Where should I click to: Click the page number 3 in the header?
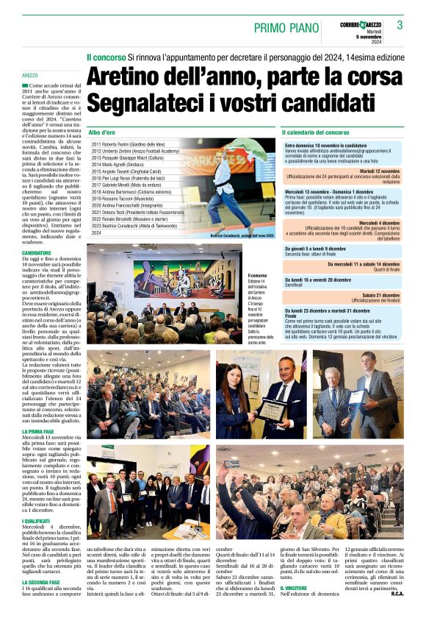[x=400, y=25]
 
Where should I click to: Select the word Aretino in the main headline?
[x=128, y=77]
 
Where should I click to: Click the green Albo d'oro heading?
[x=103, y=132]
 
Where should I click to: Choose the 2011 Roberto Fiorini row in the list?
[x=129, y=145]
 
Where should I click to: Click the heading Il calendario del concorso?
[x=316, y=132]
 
